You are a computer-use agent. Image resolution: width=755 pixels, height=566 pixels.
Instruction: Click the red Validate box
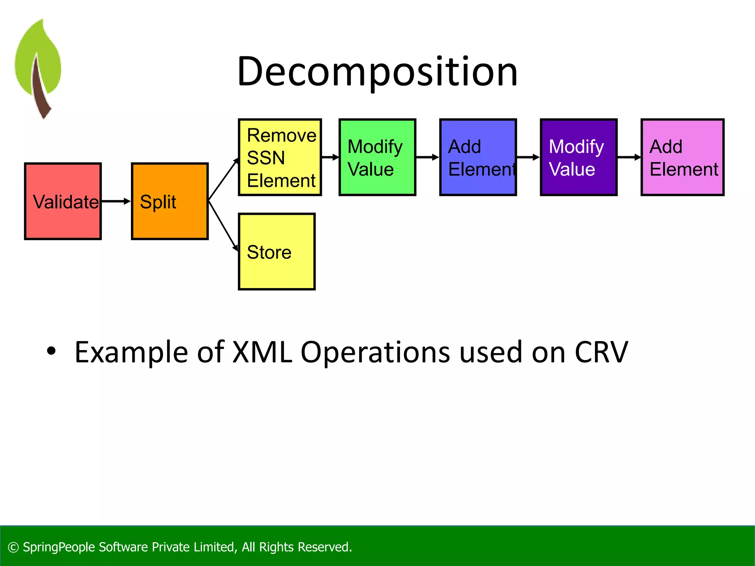coord(63,201)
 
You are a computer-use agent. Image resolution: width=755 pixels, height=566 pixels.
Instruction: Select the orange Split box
coord(170,201)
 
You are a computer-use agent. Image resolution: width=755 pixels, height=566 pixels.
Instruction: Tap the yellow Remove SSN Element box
coord(280,157)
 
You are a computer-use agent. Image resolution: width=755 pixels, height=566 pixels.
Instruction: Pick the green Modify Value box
coord(377,157)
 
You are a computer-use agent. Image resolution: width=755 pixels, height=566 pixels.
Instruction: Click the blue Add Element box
coord(478,157)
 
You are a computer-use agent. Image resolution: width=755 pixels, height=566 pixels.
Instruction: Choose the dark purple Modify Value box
coord(578,157)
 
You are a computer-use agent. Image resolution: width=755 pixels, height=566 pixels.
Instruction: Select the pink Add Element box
coord(682,157)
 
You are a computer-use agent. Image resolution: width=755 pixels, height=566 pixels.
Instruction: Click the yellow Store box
coord(276,252)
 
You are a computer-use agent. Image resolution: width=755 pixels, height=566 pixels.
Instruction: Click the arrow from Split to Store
coord(223,226)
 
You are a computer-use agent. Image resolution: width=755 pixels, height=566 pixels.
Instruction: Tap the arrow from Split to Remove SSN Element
coord(223,180)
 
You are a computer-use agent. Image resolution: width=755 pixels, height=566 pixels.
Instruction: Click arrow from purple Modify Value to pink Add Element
coord(629,157)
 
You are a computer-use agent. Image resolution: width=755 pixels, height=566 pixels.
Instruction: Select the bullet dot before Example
coord(51,351)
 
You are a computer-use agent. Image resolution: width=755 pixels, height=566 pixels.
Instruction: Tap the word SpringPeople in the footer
coord(59,547)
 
